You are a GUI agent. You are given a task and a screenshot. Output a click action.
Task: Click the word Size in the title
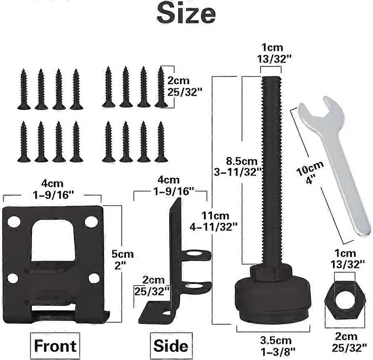[186, 13]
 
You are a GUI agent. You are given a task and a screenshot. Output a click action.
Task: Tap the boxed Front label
[55, 345]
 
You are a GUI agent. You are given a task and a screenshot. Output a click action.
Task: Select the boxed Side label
[170, 345]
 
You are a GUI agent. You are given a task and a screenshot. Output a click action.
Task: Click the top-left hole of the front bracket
[14, 222]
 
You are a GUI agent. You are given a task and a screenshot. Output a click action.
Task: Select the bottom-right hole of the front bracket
[94, 278]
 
